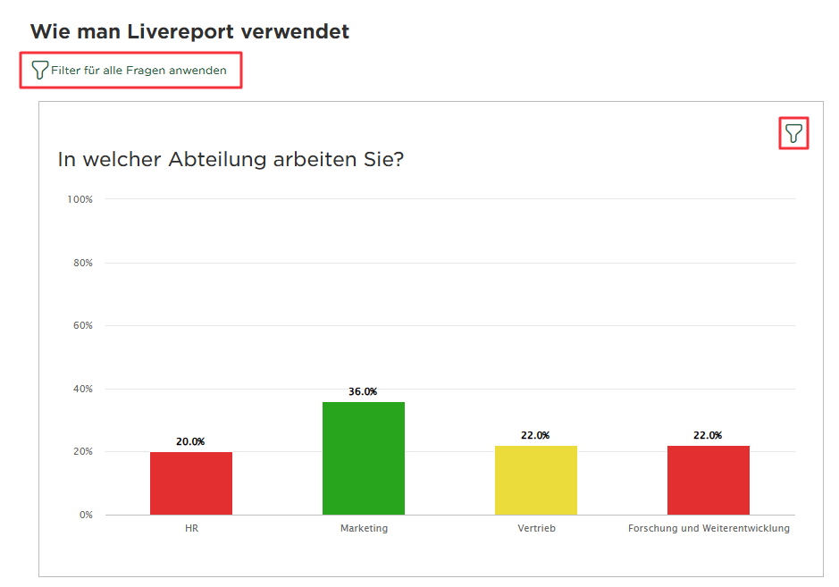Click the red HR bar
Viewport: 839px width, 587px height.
click(x=191, y=482)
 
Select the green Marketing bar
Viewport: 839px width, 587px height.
click(x=364, y=457)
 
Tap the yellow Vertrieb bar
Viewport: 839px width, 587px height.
click(x=536, y=480)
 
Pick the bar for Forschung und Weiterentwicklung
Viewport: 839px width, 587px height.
click(x=709, y=480)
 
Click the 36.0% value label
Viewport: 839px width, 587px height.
click(x=363, y=391)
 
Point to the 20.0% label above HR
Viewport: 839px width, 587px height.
click(x=190, y=441)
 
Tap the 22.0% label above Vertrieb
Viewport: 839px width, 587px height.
click(x=535, y=435)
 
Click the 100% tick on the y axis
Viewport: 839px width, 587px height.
click(x=80, y=199)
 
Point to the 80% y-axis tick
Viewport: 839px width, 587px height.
click(x=82, y=263)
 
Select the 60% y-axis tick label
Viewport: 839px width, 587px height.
click(x=82, y=325)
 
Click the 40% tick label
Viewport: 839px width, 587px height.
click(x=82, y=389)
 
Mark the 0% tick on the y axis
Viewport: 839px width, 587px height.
click(x=86, y=515)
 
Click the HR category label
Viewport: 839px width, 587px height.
click(x=191, y=528)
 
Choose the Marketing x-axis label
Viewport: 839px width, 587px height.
click(x=364, y=528)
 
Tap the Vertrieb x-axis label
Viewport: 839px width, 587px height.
click(x=536, y=528)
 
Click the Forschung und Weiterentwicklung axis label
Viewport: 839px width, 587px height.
click(x=709, y=528)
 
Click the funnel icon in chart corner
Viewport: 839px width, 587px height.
click(x=793, y=134)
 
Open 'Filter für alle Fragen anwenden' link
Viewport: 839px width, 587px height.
click(x=138, y=70)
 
